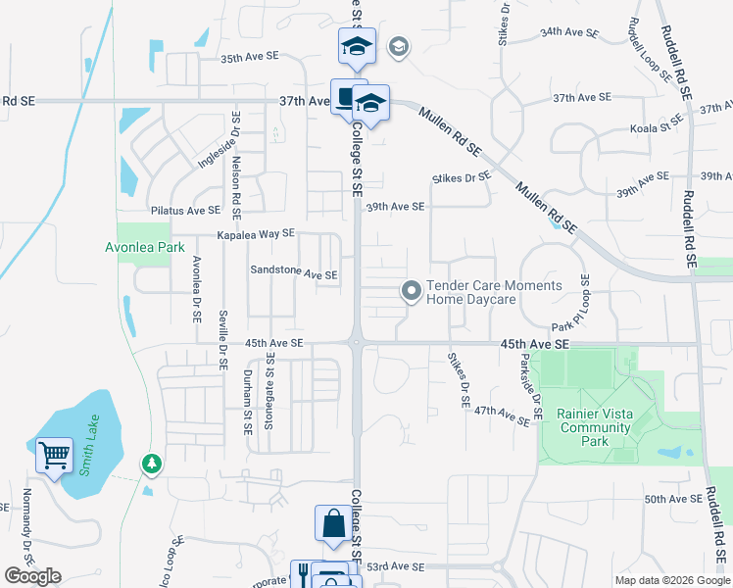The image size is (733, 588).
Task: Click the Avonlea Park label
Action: tap(145, 248)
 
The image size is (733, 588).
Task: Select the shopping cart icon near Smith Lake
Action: tap(54, 455)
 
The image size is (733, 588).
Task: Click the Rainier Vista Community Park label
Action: tap(594, 427)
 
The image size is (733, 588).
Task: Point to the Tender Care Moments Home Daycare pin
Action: tap(412, 291)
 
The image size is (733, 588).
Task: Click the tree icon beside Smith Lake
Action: tap(150, 462)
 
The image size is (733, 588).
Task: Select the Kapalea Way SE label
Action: tap(256, 234)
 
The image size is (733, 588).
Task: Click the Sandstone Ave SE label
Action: tap(294, 271)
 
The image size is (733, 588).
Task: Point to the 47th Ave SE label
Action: tap(503, 415)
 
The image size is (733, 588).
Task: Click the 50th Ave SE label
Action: tap(673, 499)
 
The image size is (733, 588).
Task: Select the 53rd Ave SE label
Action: tap(395, 566)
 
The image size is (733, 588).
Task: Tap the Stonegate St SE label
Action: tap(271, 392)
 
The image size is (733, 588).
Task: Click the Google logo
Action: tap(32, 576)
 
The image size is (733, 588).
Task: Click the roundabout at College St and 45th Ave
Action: tap(357, 342)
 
